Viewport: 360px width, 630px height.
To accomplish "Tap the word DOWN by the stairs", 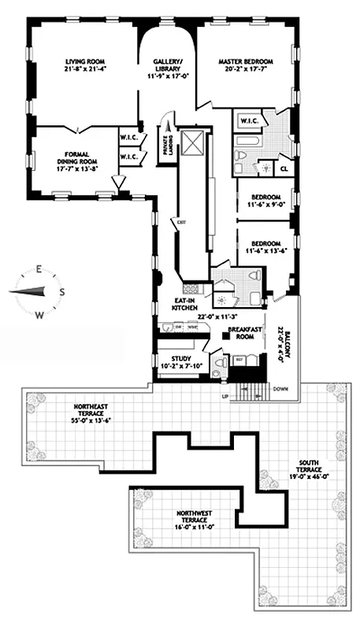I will click(281, 389).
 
